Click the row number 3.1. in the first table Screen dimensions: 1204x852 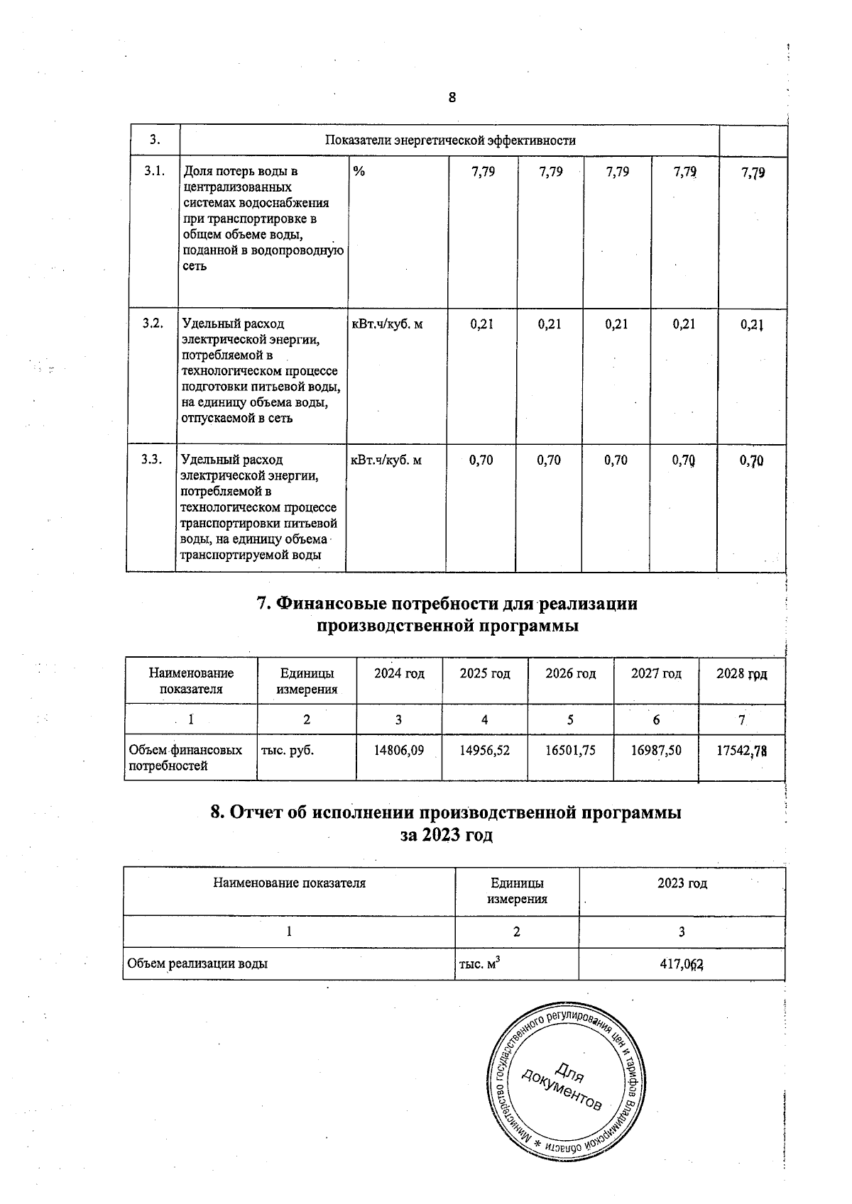click(x=154, y=171)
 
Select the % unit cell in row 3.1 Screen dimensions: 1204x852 click(x=359, y=171)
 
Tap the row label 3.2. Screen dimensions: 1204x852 click(x=153, y=324)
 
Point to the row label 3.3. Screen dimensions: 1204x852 click(x=152, y=460)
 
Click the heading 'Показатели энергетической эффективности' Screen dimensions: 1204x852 click(x=449, y=140)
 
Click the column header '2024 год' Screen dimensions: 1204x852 click(x=399, y=673)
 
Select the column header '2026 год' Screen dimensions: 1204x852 click(x=570, y=673)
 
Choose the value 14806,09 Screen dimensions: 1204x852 click(x=399, y=749)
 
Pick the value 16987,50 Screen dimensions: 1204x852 click(x=656, y=749)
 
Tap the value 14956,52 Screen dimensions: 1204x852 click(x=485, y=749)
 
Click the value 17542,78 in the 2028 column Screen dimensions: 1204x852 click(x=741, y=750)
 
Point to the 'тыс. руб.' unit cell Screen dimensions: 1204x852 click(x=288, y=749)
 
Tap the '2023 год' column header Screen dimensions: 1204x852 click(x=682, y=883)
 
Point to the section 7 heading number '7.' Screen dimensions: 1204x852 click(x=263, y=604)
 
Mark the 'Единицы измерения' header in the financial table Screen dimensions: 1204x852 click(x=307, y=681)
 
